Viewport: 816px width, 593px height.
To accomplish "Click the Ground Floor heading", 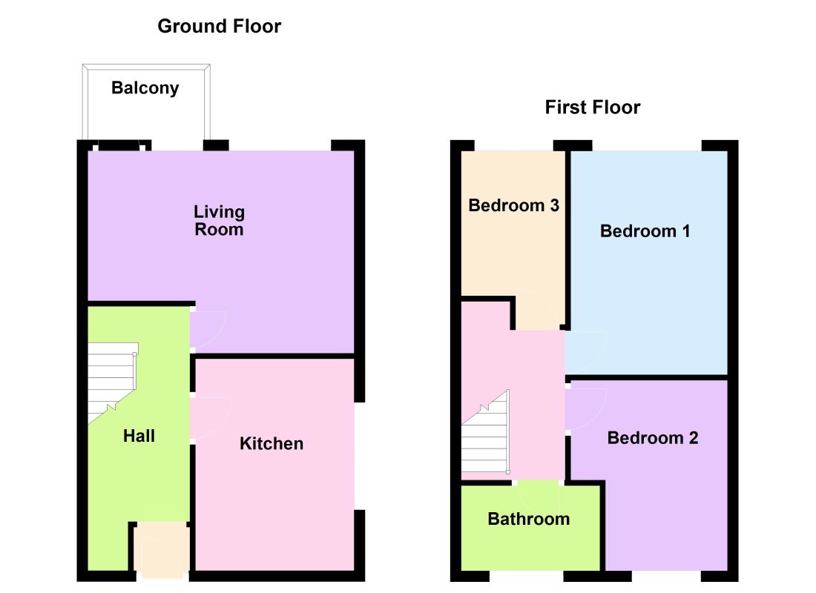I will [219, 27].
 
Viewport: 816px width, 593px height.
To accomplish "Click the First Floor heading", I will [592, 107].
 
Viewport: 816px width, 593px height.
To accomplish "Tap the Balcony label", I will [145, 88].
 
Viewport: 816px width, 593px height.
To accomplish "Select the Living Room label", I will [219, 221].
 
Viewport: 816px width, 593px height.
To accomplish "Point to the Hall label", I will [139, 436].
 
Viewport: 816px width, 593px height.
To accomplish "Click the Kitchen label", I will [272, 443].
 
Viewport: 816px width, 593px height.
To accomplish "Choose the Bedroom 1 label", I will [645, 231].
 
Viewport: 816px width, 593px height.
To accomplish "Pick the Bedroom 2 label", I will [652, 438].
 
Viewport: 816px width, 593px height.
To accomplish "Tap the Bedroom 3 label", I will [513, 206].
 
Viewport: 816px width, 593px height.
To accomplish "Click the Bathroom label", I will [528, 519].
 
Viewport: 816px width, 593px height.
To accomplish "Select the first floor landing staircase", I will [487, 437].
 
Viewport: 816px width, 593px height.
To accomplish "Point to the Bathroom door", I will [538, 493].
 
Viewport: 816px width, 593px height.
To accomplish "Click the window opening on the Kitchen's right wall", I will [359, 456].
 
